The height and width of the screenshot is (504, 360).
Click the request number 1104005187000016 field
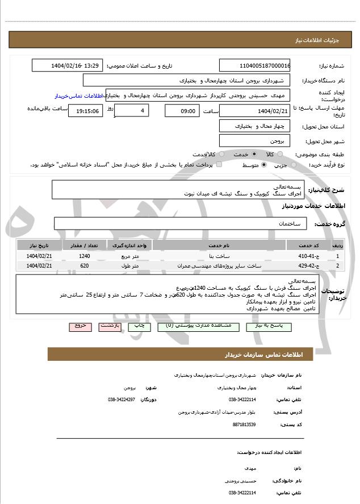tap(255, 65)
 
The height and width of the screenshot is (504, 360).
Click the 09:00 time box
tap(182, 111)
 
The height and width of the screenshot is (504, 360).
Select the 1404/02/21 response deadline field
tap(255, 111)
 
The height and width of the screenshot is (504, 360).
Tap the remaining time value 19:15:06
tap(85, 111)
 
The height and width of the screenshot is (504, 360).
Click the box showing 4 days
tap(132, 110)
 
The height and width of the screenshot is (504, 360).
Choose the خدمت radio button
tap(253, 154)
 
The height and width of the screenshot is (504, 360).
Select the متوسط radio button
tap(264, 165)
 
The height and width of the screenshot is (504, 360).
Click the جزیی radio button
tap(293, 165)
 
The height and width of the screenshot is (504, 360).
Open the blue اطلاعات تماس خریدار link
tap(80, 96)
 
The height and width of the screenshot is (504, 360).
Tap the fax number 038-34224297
tap(122, 399)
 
